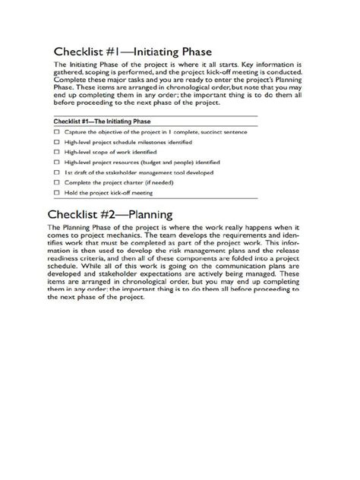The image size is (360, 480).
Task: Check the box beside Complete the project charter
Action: [x=57, y=182]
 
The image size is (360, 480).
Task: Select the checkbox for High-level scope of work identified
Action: [x=57, y=152]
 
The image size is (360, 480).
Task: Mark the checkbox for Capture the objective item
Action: [x=57, y=131]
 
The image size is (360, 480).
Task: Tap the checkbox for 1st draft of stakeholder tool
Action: [x=57, y=172]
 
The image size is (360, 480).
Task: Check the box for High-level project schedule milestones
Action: [x=57, y=142]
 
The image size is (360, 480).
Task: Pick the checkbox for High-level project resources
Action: [x=57, y=162]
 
